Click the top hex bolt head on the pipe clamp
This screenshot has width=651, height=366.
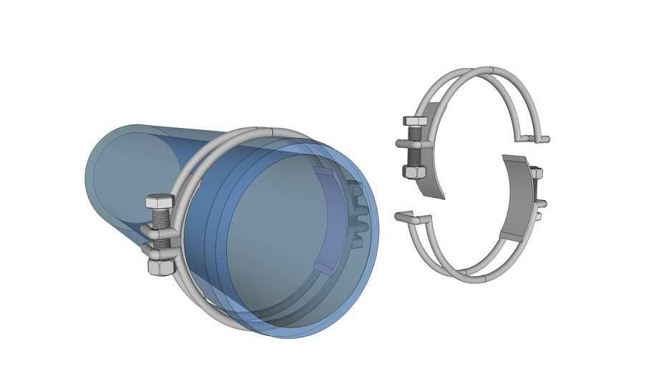[x=160, y=202]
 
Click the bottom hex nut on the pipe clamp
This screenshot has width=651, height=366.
[x=161, y=267]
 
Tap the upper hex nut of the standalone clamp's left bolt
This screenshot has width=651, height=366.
[x=415, y=122]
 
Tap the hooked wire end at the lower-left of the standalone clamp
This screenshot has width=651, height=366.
[x=405, y=213]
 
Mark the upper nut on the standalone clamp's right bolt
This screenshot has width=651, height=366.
[x=537, y=173]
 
